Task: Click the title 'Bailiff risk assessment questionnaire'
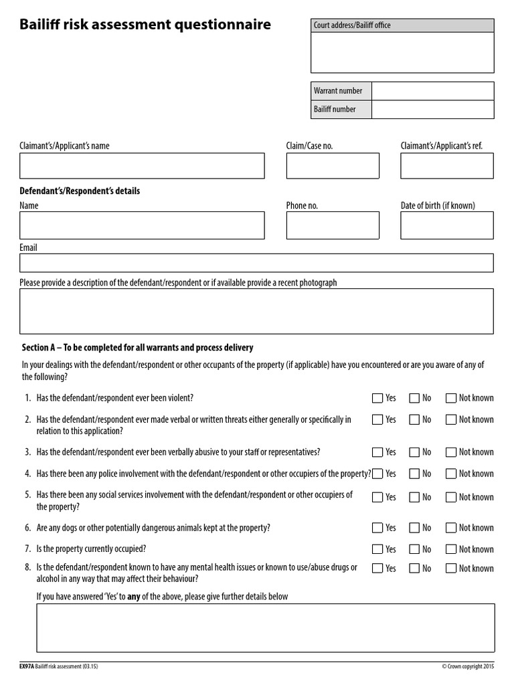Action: pos(145,25)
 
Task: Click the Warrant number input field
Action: pos(432,91)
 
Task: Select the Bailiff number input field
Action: pos(432,109)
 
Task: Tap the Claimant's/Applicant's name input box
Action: pos(142,166)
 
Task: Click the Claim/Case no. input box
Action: pos(333,166)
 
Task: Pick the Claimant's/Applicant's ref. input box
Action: pos(446,166)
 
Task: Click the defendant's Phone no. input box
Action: pos(333,225)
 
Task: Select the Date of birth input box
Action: pos(446,225)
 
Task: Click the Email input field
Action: pos(256,263)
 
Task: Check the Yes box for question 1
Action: pos(377,398)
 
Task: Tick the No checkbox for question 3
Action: pos(414,452)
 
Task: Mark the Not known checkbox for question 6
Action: pos(450,528)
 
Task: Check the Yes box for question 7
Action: pos(377,549)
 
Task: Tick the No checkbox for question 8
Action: pos(414,569)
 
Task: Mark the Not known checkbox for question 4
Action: pos(450,474)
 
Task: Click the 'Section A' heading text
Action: pos(137,348)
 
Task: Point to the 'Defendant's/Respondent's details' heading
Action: pos(80,191)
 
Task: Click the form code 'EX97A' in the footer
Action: pos(27,666)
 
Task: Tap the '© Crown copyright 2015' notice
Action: pos(468,666)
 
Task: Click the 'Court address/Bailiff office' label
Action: pos(352,25)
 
